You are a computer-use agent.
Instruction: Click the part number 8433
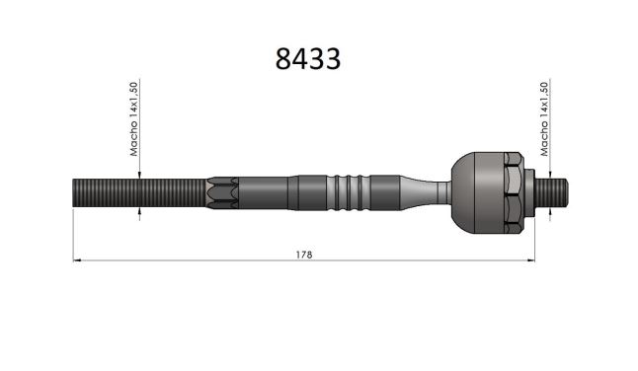pos(308,59)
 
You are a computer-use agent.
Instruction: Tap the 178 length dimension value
pos(304,255)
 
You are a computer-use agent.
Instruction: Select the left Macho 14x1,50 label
pos(134,119)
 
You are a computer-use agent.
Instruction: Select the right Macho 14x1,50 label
pos(544,119)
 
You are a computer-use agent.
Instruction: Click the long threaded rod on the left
pos(139,192)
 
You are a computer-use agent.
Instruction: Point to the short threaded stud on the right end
pos(551,192)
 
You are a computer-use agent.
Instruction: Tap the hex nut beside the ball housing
pos(514,192)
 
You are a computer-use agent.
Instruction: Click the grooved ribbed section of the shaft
pos(349,192)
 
